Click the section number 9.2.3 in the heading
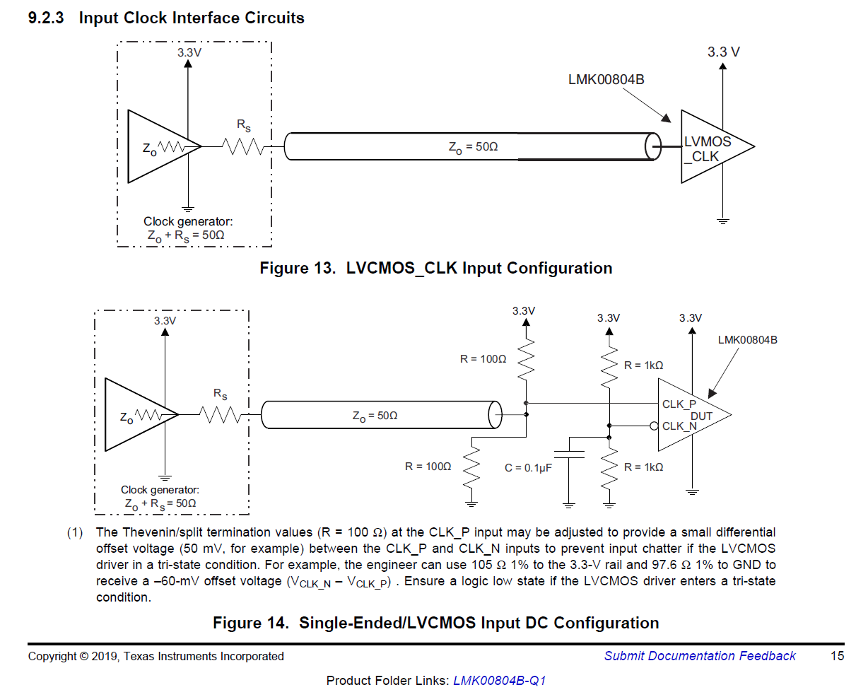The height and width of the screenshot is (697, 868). pyautogui.click(x=46, y=18)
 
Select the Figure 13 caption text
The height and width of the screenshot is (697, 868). pyautogui.click(x=435, y=269)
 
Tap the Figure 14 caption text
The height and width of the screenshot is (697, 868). pyautogui.click(x=435, y=623)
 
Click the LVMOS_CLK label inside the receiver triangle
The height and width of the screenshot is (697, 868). pyautogui.click(x=707, y=149)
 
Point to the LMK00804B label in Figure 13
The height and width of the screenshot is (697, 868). pyautogui.click(x=606, y=80)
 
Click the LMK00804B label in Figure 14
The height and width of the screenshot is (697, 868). pyautogui.click(x=747, y=340)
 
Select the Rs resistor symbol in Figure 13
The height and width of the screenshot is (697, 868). pyautogui.click(x=243, y=146)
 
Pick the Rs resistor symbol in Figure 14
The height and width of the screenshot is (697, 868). pyautogui.click(x=221, y=415)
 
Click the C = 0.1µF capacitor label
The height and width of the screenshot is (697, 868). pyautogui.click(x=528, y=468)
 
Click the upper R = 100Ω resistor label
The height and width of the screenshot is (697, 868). pyautogui.click(x=483, y=359)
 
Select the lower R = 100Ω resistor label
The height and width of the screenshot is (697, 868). pyautogui.click(x=428, y=467)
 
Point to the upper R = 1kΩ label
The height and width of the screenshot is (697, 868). pyautogui.click(x=643, y=365)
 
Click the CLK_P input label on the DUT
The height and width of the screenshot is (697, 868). pyautogui.click(x=679, y=404)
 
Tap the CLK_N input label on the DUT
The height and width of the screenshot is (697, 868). pyautogui.click(x=679, y=426)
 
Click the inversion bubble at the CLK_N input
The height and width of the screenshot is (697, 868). pyautogui.click(x=655, y=426)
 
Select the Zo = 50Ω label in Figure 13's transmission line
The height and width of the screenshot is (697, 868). pyautogui.click(x=473, y=147)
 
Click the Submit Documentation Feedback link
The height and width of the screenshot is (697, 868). pyautogui.click(x=699, y=656)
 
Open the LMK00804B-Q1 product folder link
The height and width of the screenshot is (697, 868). pyautogui.click(x=499, y=681)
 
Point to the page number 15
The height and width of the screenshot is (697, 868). pyautogui.click(x=837, y=656)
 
